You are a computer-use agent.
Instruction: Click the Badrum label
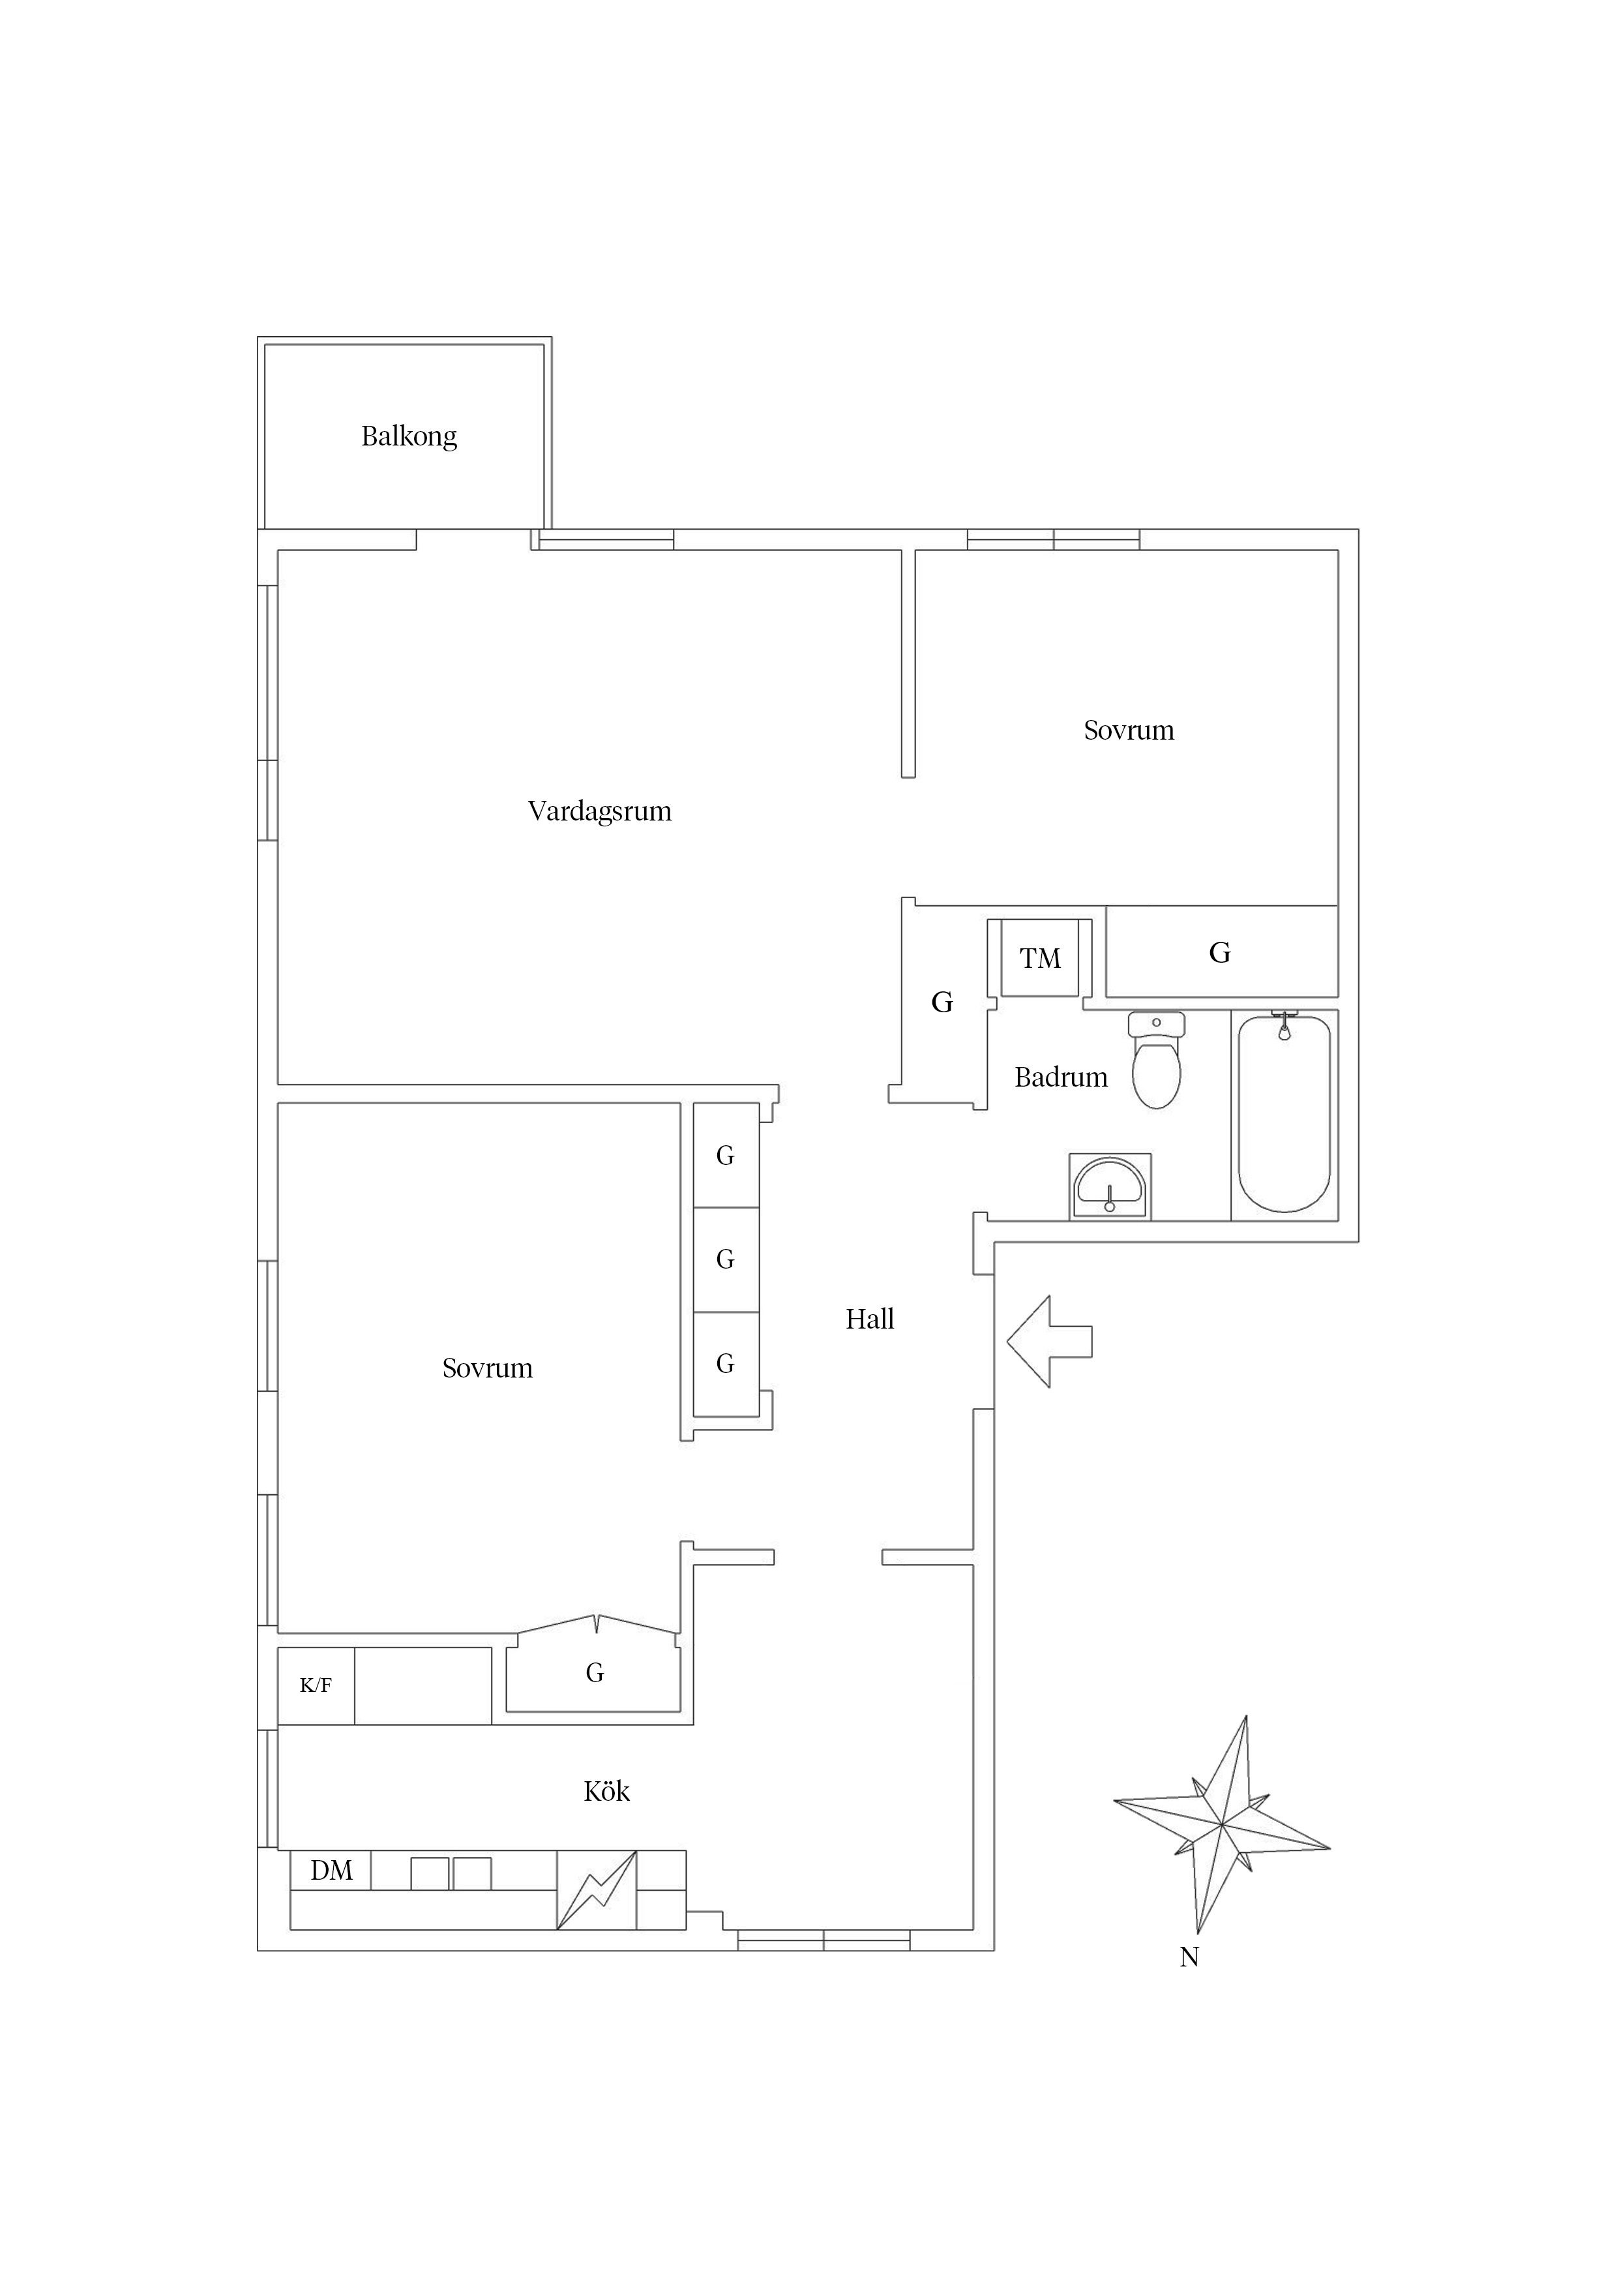coord(1060,1077)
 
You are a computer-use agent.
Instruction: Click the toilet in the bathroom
coord(1156,1061)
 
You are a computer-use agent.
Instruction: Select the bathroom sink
coord(1110,1187)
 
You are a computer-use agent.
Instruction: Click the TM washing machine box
coord(1039,959)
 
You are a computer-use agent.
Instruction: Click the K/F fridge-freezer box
coord(315,1686)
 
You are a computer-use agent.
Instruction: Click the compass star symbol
coord(1221,1825)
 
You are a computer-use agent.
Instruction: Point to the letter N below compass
coord(1189,1957)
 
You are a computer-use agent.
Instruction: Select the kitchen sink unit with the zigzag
coord(596,1889)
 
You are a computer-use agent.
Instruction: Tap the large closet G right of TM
coord(1221,953)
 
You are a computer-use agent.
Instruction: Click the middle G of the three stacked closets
coord(725,1259)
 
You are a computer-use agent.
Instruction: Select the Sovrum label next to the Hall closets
coord(487,1368)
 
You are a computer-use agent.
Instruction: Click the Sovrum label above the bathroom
coord(1128,730)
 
